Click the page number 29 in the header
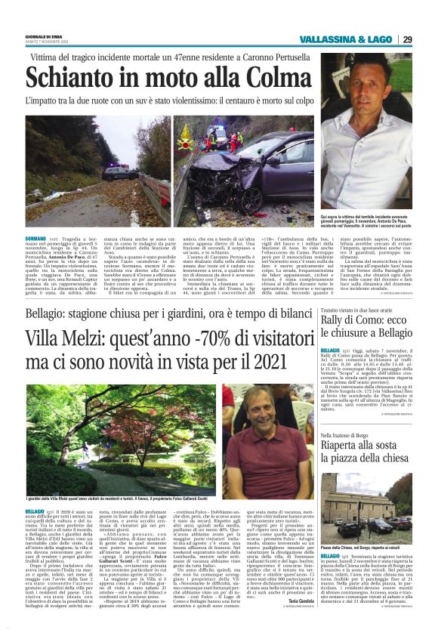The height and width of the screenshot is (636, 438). (406, 39)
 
